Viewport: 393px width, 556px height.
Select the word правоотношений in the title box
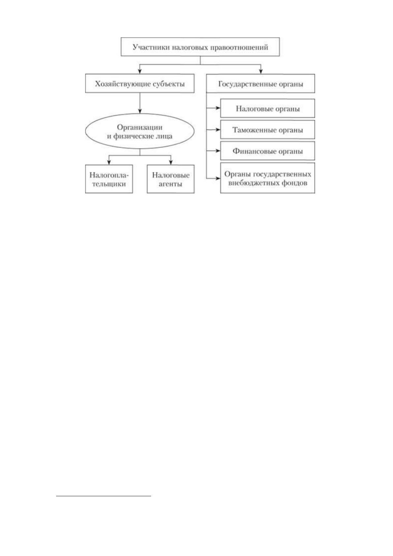pyautogui.click(x=239, y=47)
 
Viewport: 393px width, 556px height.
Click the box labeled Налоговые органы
pyautogui.click(x=268, y=108)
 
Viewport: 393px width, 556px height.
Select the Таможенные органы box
pyautogui.click(x=268, y=129)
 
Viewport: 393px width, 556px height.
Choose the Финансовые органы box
pyautogui.click(x=268, y=151)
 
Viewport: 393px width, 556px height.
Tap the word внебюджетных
pyautogui.click(x=252, y=183)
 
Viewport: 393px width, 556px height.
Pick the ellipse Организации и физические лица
pyautogui.click(x=140, y=131)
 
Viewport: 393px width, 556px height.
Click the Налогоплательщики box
pyautogui.click(x=109, y=179)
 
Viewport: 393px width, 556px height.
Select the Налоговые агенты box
pyautogui.click(x=171, y=179)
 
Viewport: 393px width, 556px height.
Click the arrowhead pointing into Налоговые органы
pyautogui.click(x=218, y=108)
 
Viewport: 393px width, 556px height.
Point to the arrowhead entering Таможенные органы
pyautogui.click(x=218, y=129)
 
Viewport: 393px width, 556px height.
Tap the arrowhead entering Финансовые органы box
pyautogui.click(x=218, y=151)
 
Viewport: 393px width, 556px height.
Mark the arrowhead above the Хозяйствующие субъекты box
pyautogui.click(x=140, y=71)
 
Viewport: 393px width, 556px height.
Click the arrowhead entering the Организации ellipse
pyautogui.click(x=140, y=111)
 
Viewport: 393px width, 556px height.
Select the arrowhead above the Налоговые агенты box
pyautogui.click(x=171, y=162)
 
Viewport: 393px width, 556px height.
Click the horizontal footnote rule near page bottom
pyautogui.click(x=104, y=496)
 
